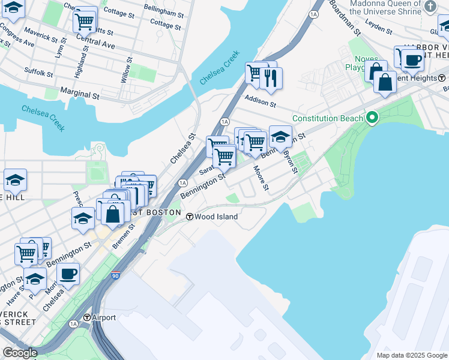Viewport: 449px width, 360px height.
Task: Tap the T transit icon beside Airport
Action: click(88, 317)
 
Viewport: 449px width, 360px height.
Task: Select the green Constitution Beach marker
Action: click(372, 118)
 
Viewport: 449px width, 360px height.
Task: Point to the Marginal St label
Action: click(79, 95)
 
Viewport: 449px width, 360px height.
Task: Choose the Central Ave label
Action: click(95, 44)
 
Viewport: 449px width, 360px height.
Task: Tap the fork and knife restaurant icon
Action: click(271, 78)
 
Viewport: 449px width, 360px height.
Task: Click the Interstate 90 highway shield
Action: click(116, 276)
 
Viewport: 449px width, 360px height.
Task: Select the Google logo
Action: click(19, 353)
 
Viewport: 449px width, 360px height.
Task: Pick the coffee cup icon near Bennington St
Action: click(68, 274)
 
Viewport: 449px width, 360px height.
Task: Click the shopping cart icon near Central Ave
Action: click(85, 22)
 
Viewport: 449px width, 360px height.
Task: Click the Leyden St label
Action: click(378, 27)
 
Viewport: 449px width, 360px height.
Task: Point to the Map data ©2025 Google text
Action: click(411, 355)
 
